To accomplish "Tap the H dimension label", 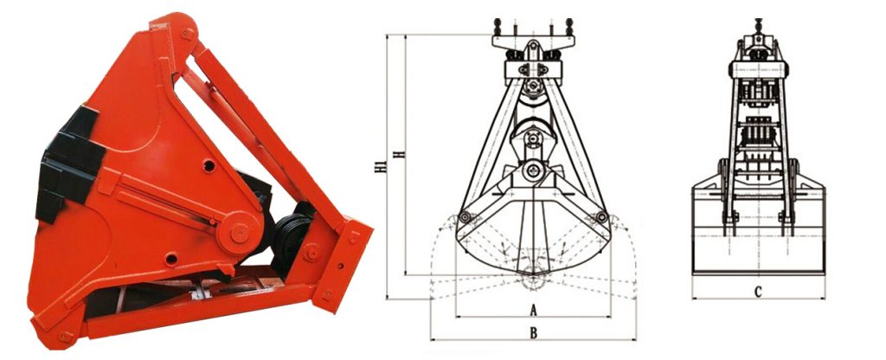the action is (x=400, y=154).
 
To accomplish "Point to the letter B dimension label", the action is (x=533, y=333).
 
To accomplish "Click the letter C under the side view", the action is (x=758, y=292).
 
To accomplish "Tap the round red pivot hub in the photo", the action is (x=239, y=232).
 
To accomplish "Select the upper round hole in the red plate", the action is (x=209, y=166).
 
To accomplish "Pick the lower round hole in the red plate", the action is (x=171, y=259).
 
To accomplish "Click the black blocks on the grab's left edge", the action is (x=67, y=162).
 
